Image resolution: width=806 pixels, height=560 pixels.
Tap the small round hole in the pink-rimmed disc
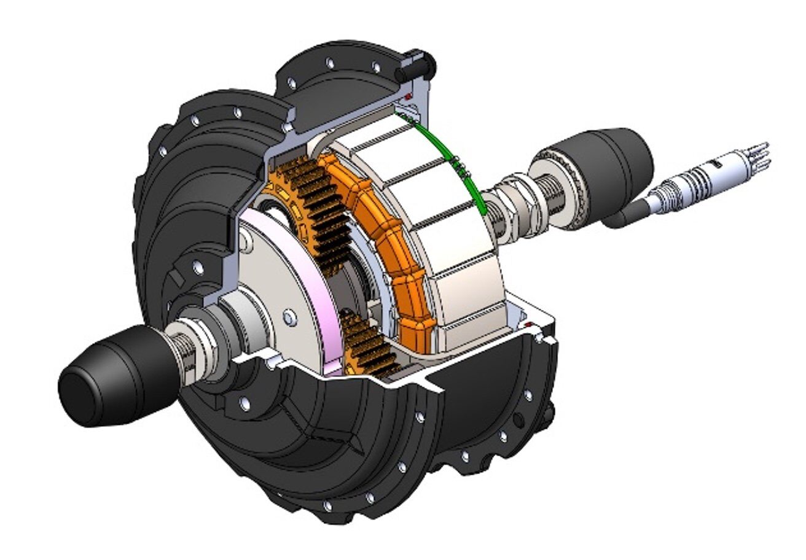point(287,316)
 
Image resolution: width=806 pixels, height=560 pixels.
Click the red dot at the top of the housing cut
point(407,97)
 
